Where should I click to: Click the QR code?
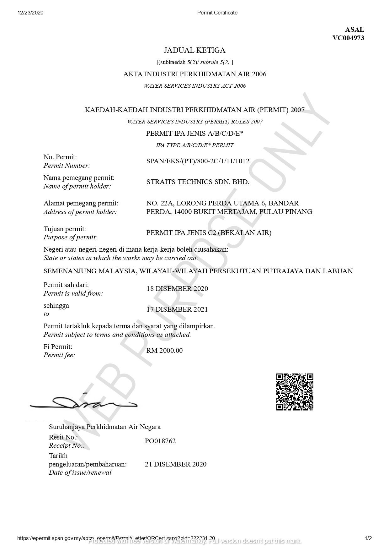(x=295, y=392)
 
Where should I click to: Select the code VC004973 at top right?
(x=348, y=38)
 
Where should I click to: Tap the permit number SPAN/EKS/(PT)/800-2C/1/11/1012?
(x=198, y=161)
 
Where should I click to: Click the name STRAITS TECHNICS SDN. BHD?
(x=198, y=182)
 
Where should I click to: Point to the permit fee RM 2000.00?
(x=164, y=351)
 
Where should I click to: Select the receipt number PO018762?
(x=160, y=441)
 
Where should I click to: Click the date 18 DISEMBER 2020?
(x=177, y=289)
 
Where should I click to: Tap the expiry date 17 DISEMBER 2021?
(x=177, y=309)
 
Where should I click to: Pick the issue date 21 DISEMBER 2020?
(x=176, y=464)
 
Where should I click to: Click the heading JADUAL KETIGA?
(x=194, y=50)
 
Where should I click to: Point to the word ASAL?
(x=354, y=30)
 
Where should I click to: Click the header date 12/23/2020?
(x=30, y=13)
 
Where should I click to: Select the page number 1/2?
(x=368, y=538)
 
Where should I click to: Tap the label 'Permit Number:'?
(x=67, y=166)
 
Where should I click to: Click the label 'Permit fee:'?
(x=59, y=355)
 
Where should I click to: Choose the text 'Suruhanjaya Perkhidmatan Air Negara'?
(x=104, y=427)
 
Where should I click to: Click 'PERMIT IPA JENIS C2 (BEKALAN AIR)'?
(x=209, y=233)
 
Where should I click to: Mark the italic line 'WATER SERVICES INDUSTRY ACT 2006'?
(x=194, y=86)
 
